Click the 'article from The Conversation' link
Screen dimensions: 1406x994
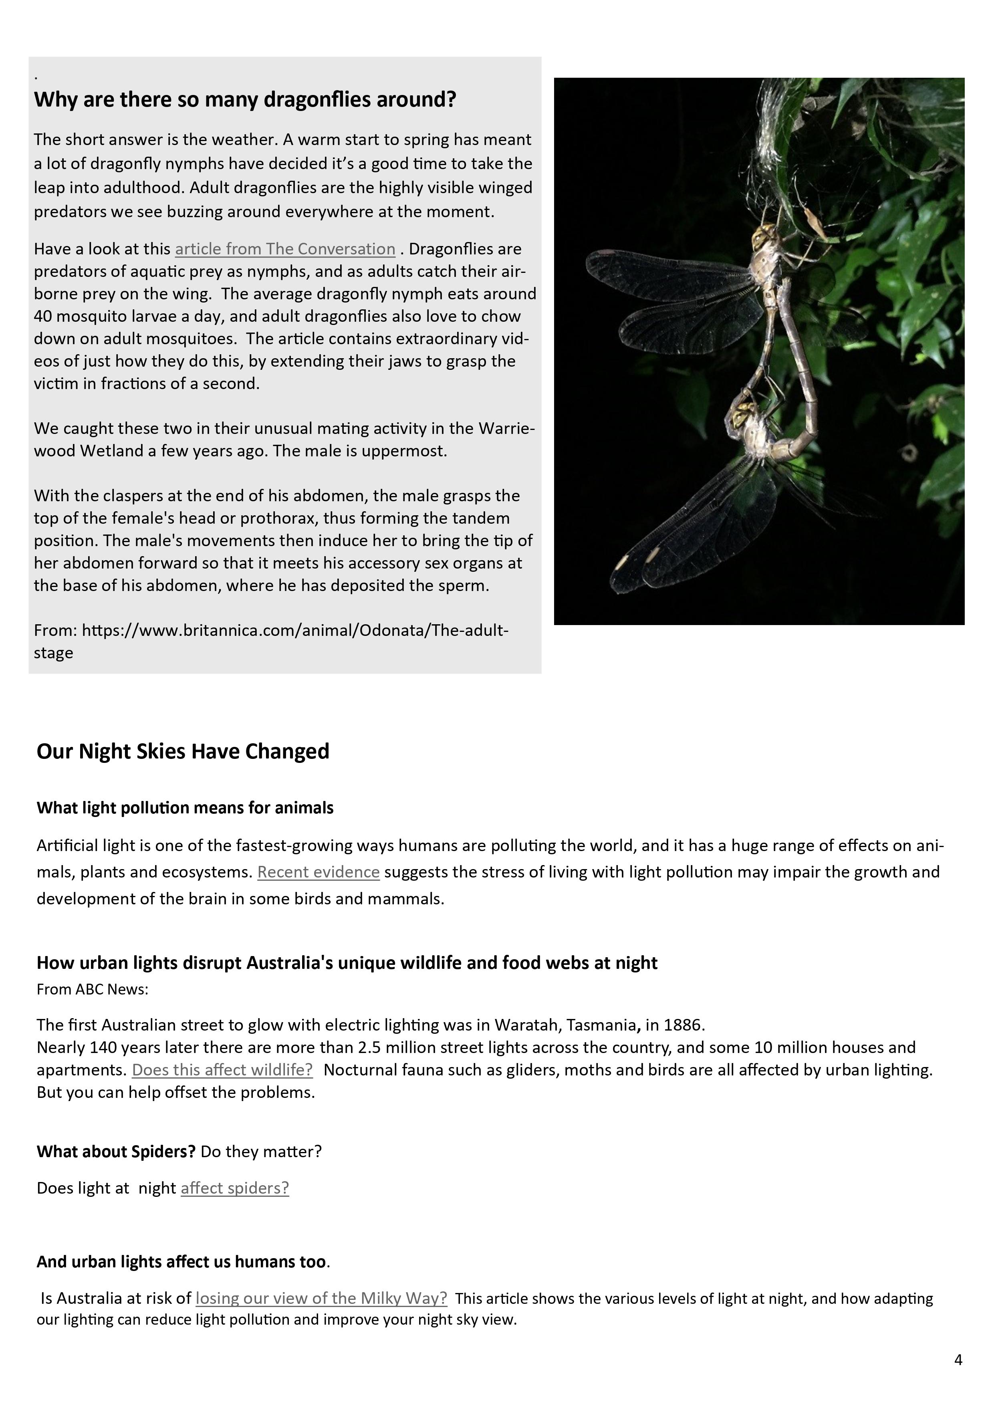[285, 249]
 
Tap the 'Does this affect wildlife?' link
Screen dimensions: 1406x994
[222, 1070]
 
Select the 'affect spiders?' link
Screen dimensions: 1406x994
[234, 1188]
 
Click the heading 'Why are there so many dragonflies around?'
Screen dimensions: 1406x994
[245, 99]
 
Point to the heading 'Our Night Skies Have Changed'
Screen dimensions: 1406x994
[183, 751]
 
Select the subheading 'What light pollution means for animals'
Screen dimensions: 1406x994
[185, 808]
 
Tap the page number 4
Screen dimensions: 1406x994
[958, 1360]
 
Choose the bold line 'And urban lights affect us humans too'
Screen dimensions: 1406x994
[181, 1262]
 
